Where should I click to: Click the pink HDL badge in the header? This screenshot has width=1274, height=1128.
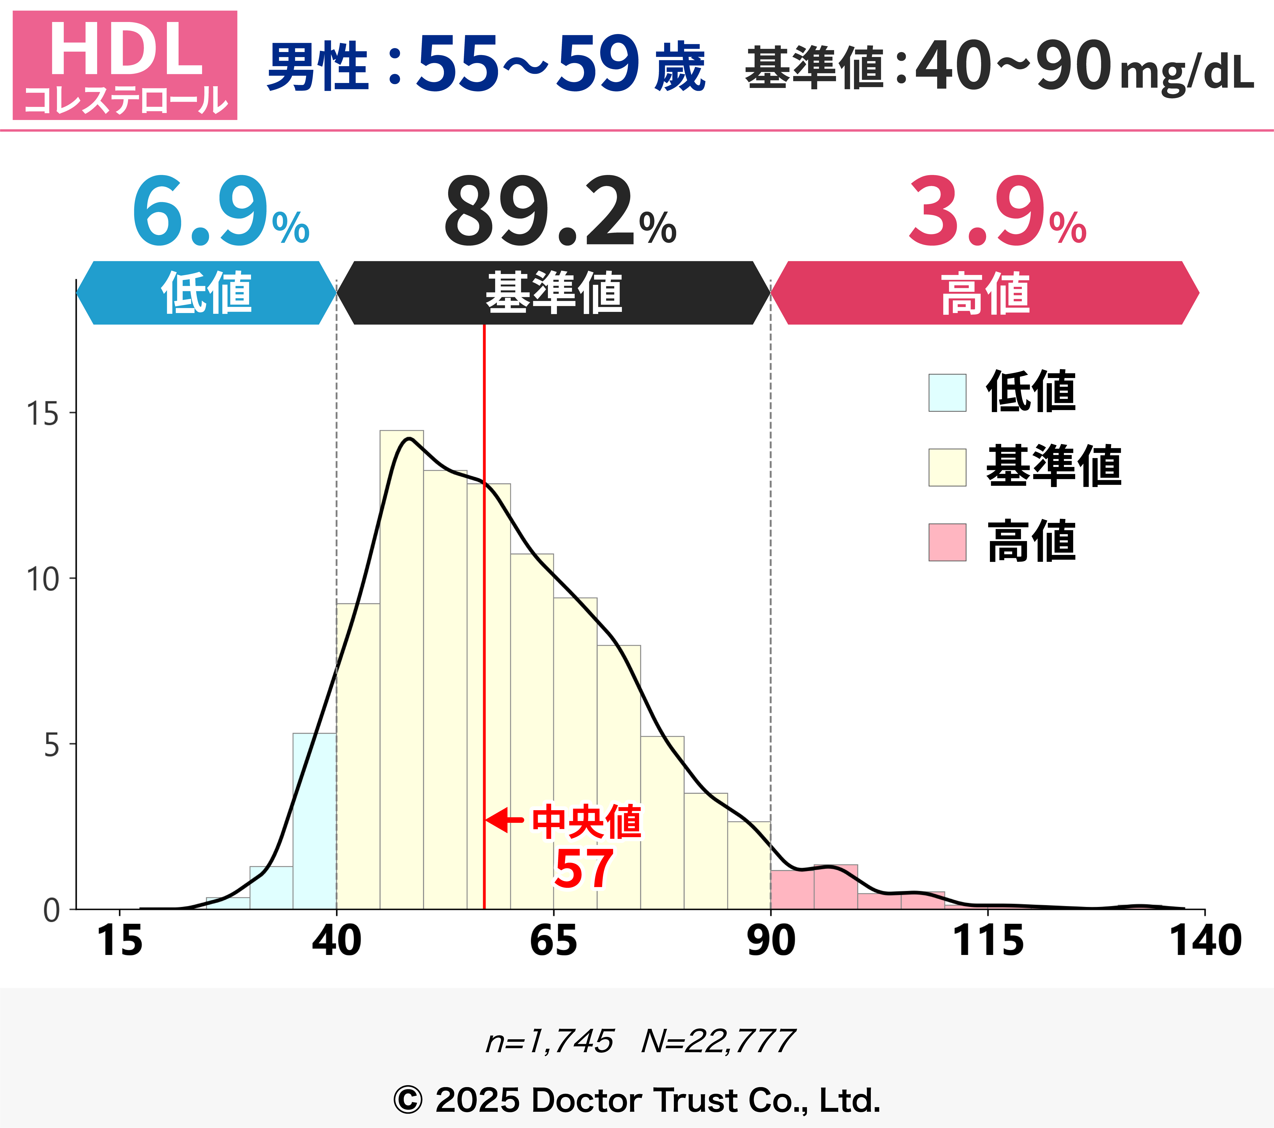125,65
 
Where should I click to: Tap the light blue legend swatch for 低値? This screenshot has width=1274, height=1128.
947,393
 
